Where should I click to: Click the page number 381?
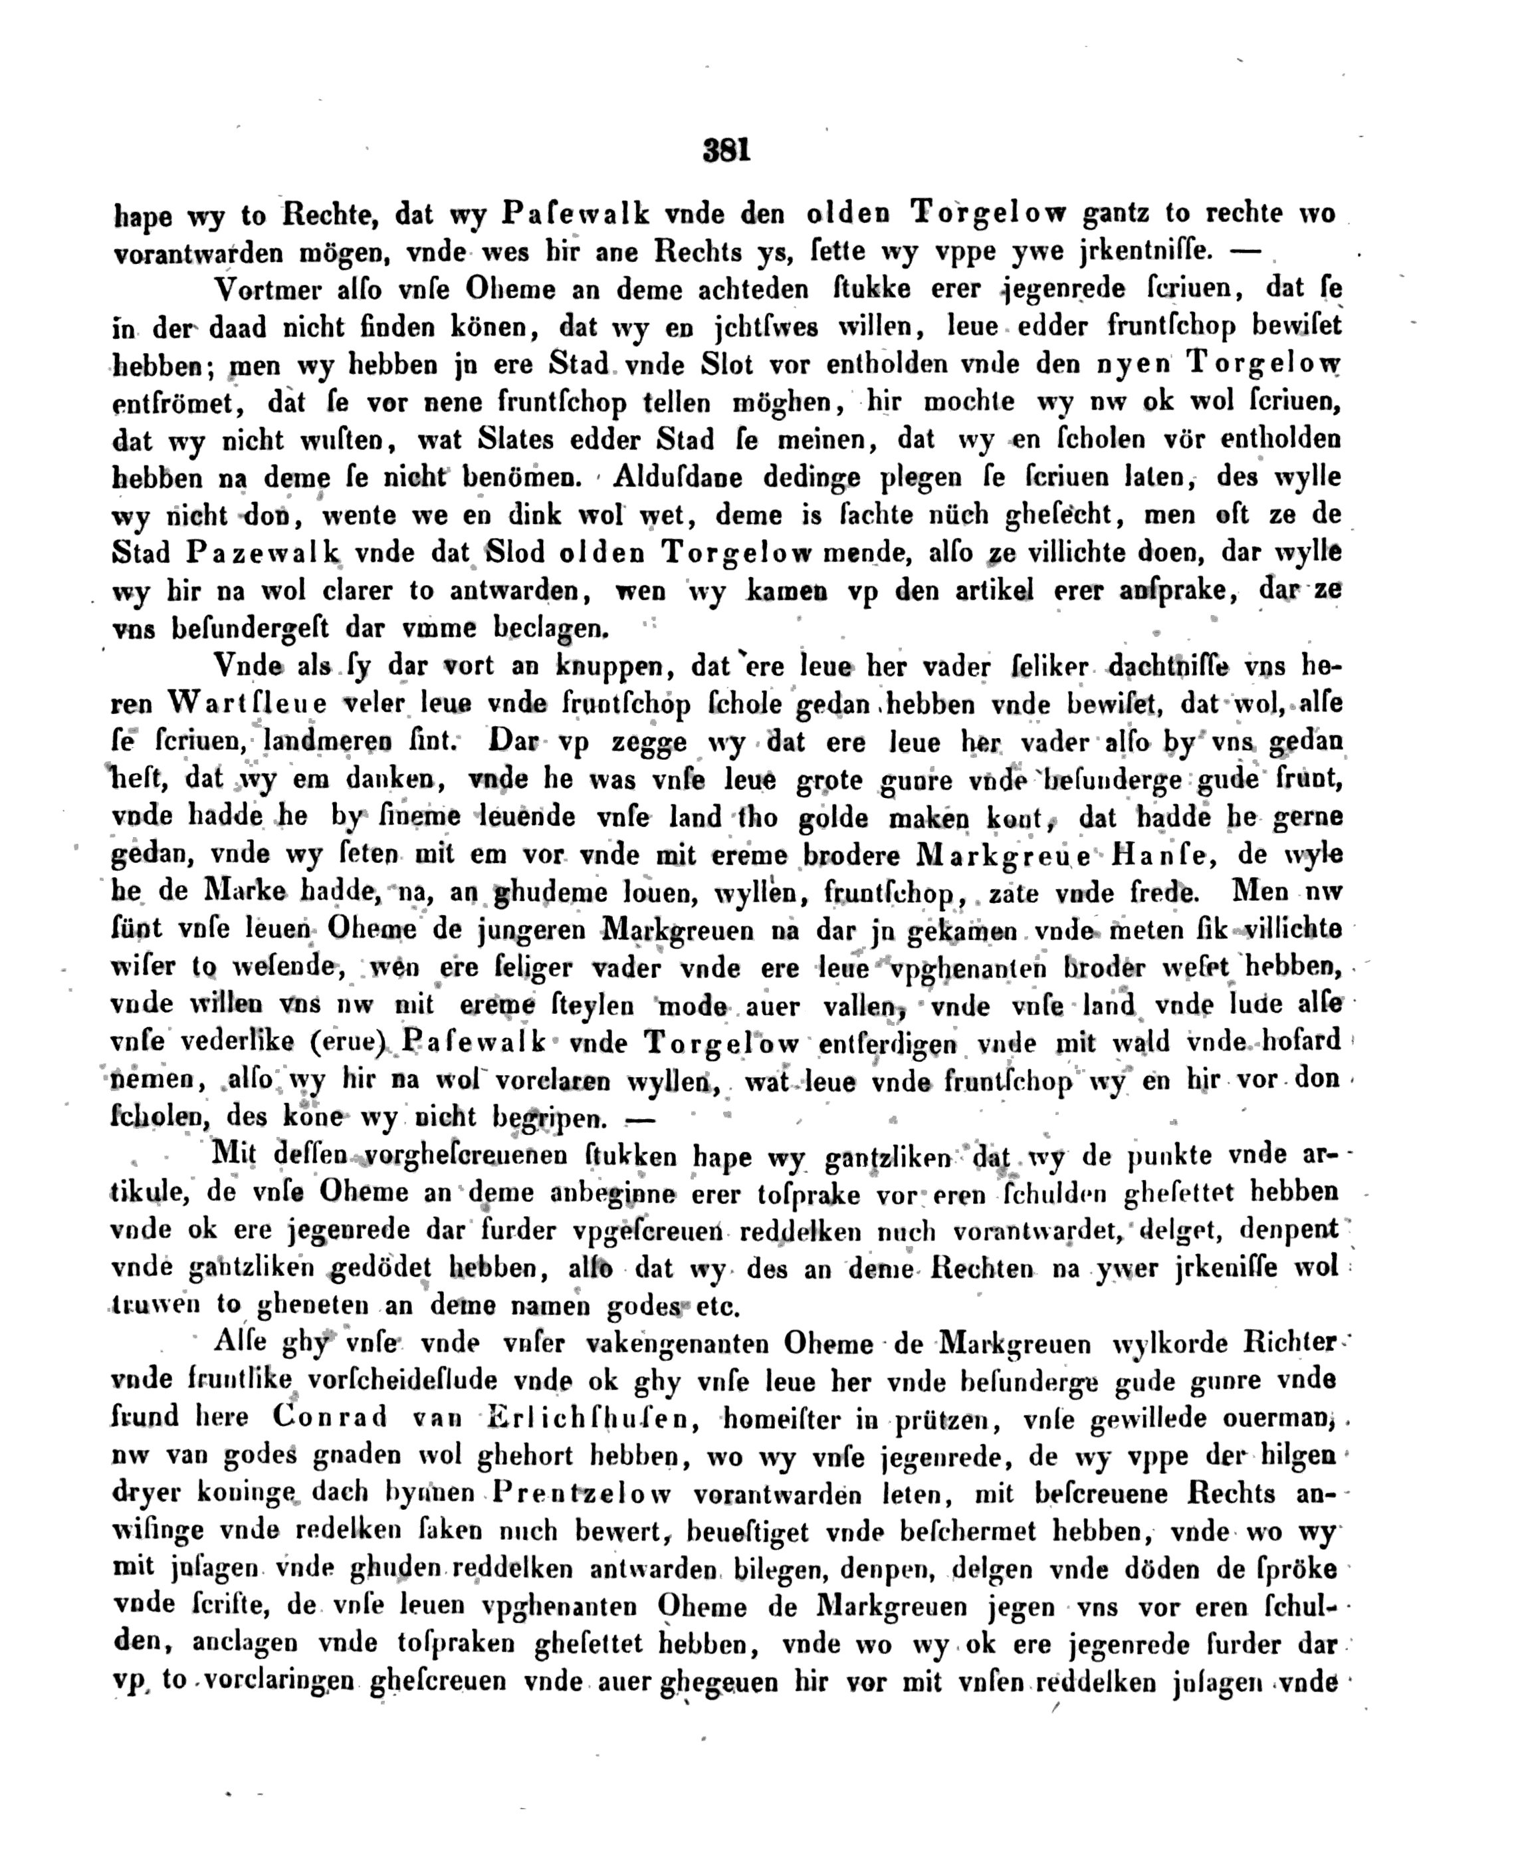(726, 152)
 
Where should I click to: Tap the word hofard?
(1299, 1041)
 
